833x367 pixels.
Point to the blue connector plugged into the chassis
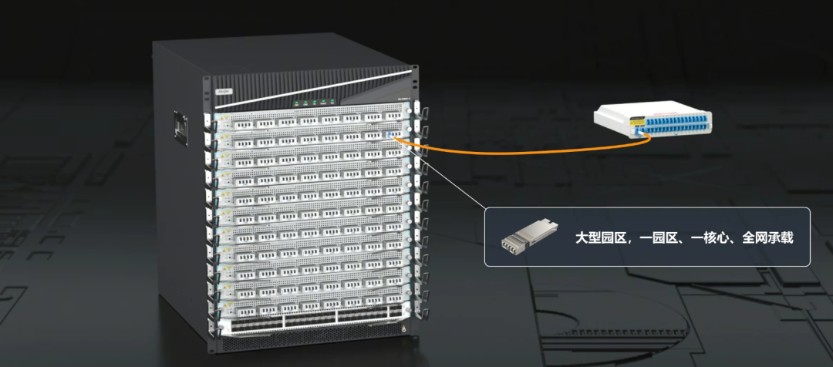click(393, 136)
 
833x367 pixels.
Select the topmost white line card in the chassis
click(309, 120)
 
